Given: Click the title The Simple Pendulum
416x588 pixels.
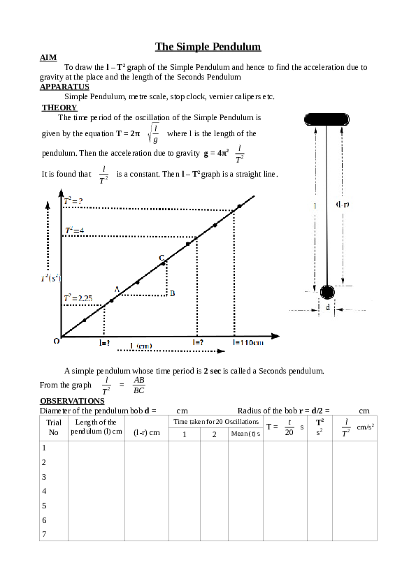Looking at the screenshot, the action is point(208,47).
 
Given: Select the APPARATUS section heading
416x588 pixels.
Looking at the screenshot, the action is point(64,87).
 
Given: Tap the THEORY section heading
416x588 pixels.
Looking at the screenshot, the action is point(59,108).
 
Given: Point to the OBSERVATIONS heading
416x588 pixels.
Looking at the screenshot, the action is point(72,401).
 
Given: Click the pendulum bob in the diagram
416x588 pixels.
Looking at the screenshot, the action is point(327,291).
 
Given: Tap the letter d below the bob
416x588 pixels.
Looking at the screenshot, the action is point(327,307).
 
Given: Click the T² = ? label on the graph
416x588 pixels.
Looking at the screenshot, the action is point(73,201).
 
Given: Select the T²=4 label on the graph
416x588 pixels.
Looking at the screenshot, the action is point(75,230).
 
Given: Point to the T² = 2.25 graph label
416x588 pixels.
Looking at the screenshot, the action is point(78,297).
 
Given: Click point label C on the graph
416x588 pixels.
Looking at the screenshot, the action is point(162,258).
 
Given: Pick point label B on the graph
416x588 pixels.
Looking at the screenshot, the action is point(172,294).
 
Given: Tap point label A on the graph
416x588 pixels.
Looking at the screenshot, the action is point(117,288).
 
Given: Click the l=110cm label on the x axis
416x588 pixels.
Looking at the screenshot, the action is point(248,342).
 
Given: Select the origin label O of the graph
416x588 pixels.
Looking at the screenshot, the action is point(56,341).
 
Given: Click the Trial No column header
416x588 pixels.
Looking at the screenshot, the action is point(53,427).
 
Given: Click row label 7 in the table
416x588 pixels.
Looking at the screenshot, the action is point(45,534).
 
